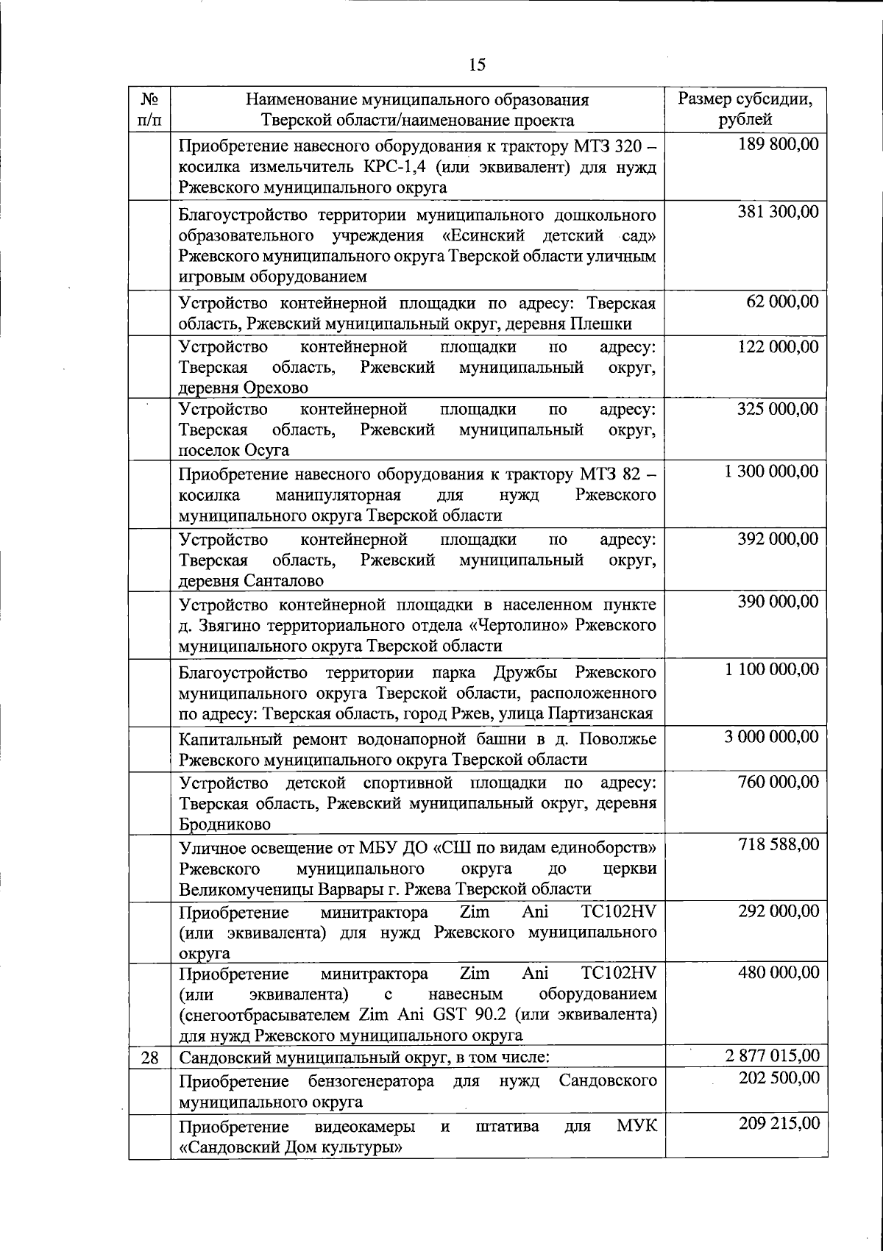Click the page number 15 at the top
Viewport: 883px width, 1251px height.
tap(477, 65)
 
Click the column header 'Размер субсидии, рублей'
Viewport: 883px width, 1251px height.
tap(745, 109)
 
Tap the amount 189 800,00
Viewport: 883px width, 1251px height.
tap(778, 144)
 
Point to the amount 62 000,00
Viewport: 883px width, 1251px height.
tap(782, 302)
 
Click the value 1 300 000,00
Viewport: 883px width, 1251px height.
tap(771, 471)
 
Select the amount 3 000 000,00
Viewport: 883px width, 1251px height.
tap(771, 738)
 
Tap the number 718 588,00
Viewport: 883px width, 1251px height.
tap(778, 844)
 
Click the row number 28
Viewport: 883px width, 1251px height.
tap(149, 1058)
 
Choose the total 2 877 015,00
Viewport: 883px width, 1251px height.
tap(771, 1056)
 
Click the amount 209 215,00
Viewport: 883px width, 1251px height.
tap(778, 1124)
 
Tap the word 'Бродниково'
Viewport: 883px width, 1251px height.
tap(224, 824)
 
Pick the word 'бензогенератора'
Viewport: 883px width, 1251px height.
tap(384, 1081)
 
